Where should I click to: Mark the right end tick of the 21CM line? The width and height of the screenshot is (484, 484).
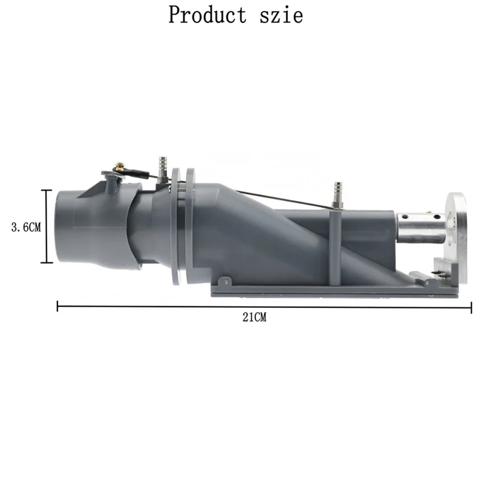pyautogui.click(x=471, y=307)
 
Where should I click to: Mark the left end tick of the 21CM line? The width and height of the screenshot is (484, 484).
pyautogui.click(x=57, y=307)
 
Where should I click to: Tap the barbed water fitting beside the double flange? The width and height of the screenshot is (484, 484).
pyautogui.click(x=162, y=165)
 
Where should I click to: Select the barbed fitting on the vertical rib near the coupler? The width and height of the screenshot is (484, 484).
pyautogui.click(x=338, y=192)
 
